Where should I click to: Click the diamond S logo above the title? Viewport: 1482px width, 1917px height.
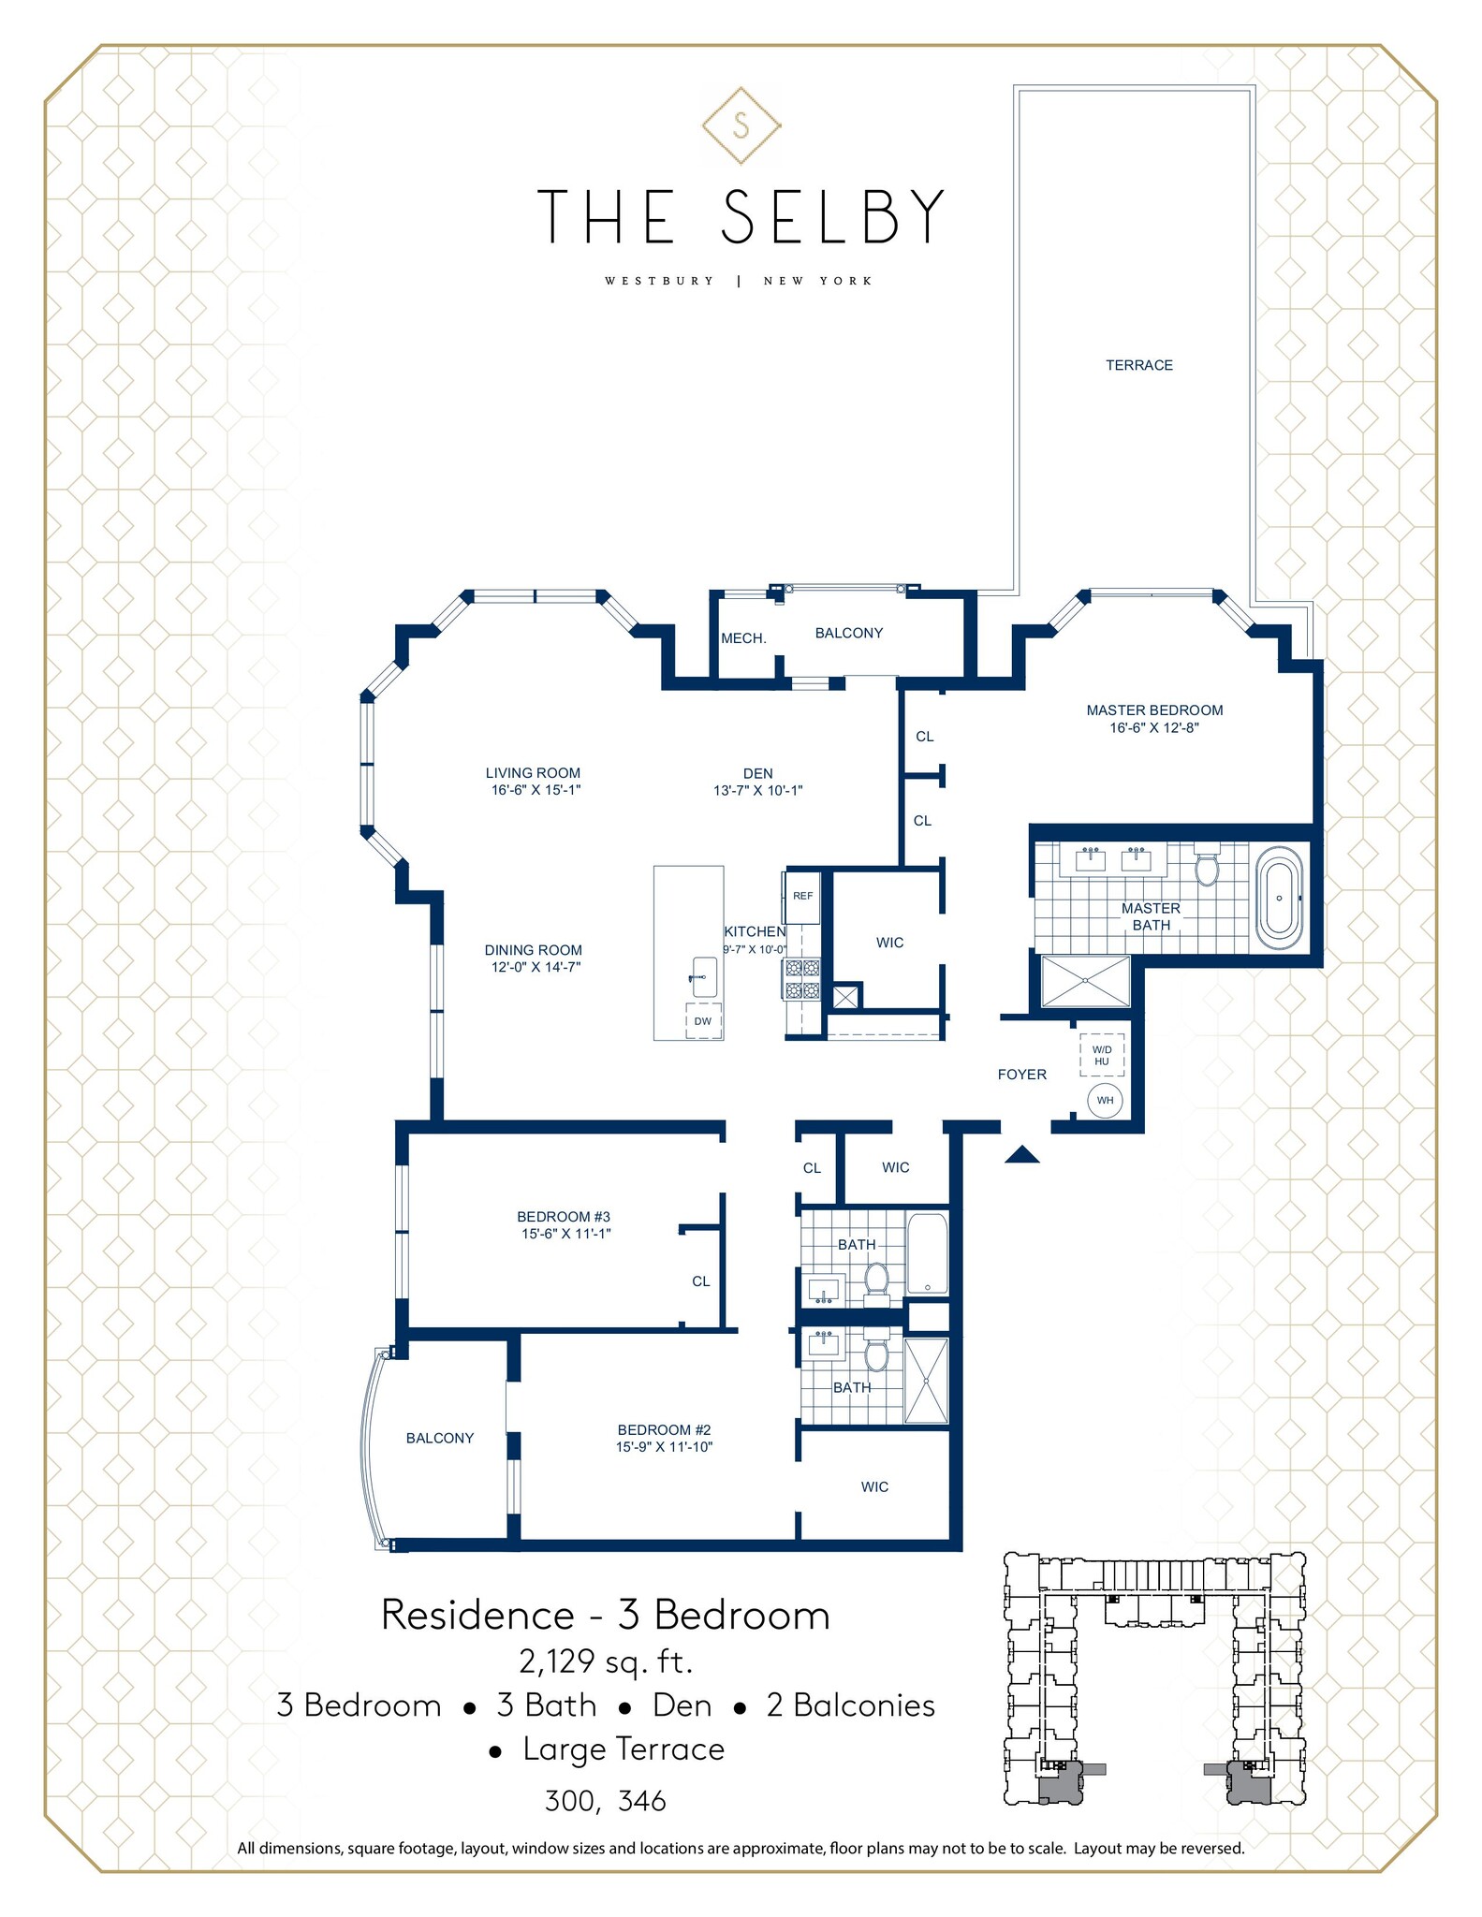(x=741, y=125)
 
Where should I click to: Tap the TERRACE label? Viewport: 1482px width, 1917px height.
(x=1138, y=365)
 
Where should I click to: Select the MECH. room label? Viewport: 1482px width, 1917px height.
(x=743, y=638)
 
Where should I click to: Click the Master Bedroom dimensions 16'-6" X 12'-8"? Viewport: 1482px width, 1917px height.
(x=1153, y=727)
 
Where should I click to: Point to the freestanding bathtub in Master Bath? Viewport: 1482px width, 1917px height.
(x=1279, y=898)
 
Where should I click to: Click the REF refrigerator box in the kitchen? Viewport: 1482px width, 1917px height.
(x=802, y=897)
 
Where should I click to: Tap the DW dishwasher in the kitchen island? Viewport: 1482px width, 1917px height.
(x=703, y=1021)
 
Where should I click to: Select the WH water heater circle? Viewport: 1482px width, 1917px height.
(x=1105, y=1100)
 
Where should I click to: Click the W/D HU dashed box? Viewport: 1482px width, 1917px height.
(x=1101, y=1056)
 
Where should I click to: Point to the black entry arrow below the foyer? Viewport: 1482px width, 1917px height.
(x=1021, y=1155)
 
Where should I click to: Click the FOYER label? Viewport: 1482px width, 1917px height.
(x=1021, y=1075)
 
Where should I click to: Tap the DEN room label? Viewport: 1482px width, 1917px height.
(x=757, y=773)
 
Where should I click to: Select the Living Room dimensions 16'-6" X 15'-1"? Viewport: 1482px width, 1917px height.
(x=533, y=790)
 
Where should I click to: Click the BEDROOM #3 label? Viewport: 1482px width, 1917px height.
(x=564, y=1217)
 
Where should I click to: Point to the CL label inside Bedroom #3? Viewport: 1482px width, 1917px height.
(x=700, y=1281)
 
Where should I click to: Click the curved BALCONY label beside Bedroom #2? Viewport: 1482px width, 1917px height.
(x=439, y=1438)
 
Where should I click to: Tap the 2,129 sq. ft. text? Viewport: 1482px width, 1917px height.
(x=606, y=1661)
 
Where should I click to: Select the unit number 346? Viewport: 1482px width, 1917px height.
(x=642, y=1801)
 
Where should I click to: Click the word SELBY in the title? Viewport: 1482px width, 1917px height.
(x=832, y=217)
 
